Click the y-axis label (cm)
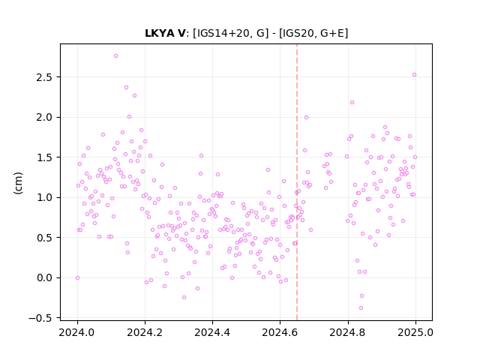coord(18,183)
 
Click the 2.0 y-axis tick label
coord(44,117)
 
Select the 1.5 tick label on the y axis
coord(44,157)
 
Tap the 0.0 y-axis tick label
coord(44,277)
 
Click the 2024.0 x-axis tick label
coord(77,332)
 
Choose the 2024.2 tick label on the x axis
coord(145,332)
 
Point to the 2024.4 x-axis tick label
coord(212,332)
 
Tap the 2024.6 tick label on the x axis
coord(280,332)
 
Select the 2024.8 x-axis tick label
coord(348,332)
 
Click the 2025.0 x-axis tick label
coord(415,332)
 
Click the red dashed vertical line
coord(297,182)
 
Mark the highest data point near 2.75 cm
coord(115,56)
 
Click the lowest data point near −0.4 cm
coord(361,308)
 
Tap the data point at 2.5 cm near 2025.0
coord(414,75)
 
